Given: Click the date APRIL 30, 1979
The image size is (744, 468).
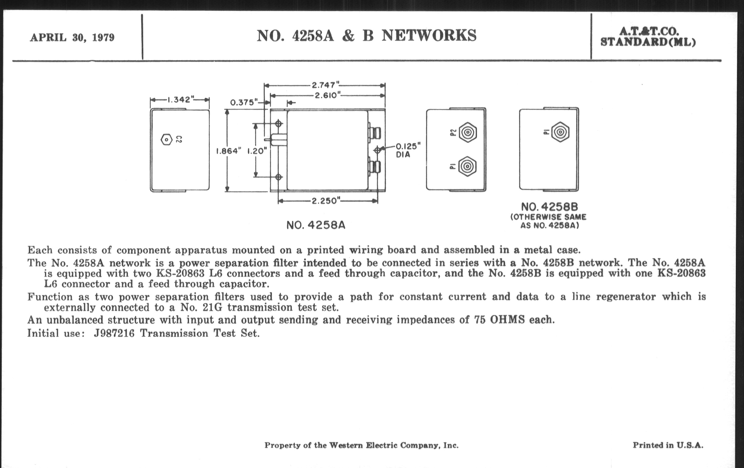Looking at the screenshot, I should click(72, 38).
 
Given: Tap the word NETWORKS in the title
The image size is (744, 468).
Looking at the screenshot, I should click(429, 35).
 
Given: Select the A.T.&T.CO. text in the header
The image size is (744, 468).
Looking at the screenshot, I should click(649, 32).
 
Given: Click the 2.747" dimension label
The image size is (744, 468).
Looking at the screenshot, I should click(325, 85).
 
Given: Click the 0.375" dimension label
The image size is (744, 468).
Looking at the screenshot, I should click(244, 102).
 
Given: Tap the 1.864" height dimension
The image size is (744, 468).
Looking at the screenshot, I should click(228, 151).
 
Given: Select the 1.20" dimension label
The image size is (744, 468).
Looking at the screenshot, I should click(257, 151).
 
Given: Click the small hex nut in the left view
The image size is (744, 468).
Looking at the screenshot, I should click(166, 139).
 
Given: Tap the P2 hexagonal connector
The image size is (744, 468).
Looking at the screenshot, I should click(468, 132).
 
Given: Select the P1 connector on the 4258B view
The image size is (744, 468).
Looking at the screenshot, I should click(560, 132).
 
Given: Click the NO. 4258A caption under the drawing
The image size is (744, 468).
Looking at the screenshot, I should click(316, 225).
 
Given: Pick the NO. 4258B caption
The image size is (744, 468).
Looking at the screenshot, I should click(549, 207).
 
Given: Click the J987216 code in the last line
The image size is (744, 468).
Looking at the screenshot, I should click(114, 333).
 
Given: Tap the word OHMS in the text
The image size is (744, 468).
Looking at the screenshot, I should click(507, 320).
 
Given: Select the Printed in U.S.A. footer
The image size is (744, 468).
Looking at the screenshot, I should click(668, 445).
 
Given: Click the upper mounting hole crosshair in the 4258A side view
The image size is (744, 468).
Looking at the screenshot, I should click(279, 124).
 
